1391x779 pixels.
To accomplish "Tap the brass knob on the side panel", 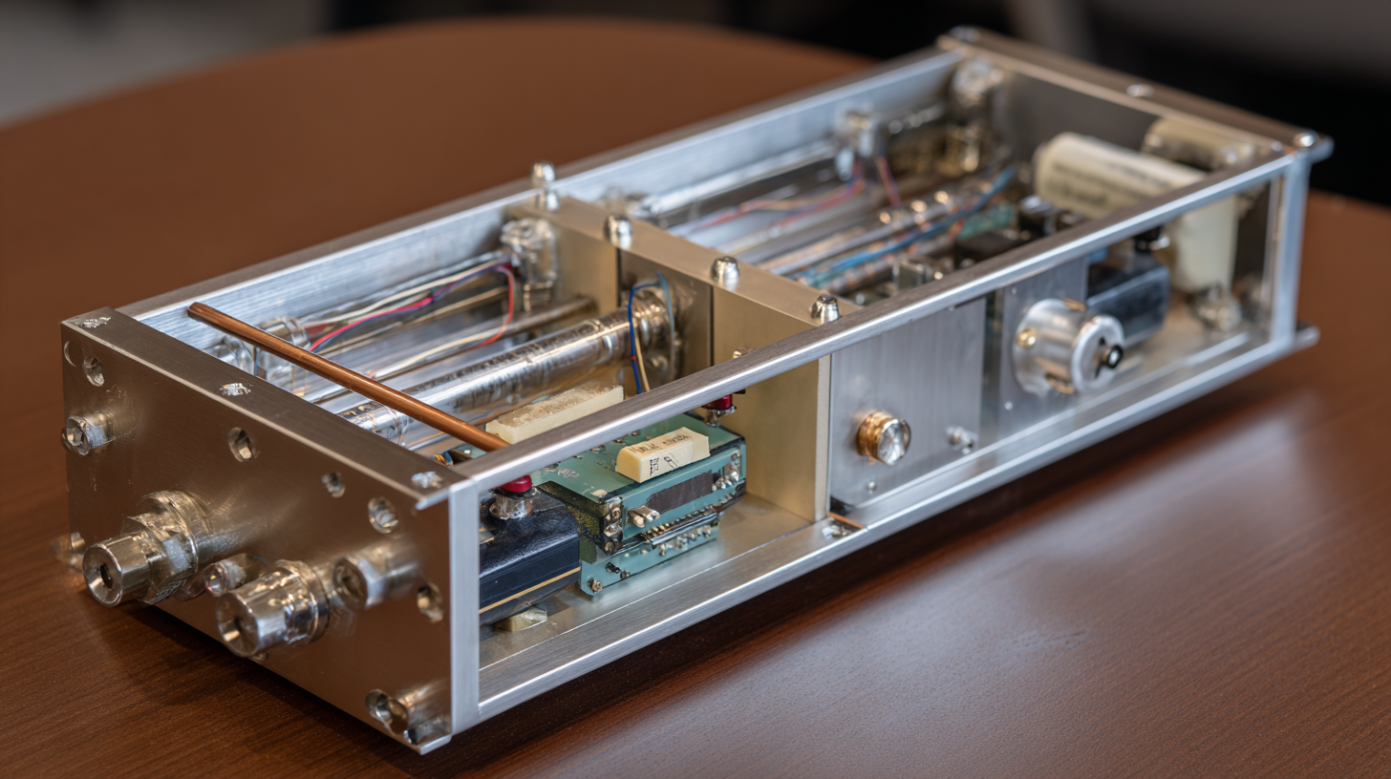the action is click(x=882, y=437).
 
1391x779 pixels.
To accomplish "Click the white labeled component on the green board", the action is click(x=662, y=454).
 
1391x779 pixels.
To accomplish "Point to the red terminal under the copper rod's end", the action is click(x=514, y=485).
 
